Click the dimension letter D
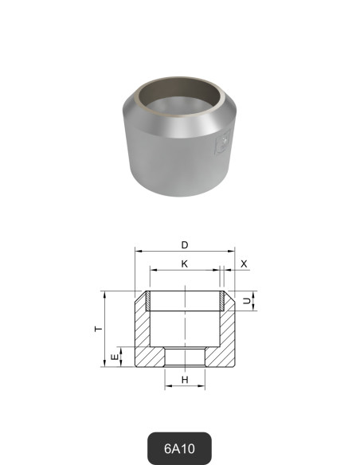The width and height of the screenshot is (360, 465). coord(185,244)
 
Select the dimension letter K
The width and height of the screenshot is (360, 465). coord(185,263)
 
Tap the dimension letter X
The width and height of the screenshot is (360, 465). coord(244,263)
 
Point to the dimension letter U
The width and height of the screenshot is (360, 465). coord(246,301)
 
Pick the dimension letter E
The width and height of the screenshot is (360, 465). coord(113,358)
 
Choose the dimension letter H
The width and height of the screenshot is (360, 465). coord(185,380)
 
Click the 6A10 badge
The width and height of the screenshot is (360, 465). coord(180,448)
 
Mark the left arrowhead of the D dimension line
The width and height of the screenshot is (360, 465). coord(138,252)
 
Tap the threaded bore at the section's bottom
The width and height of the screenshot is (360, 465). coord(185,358)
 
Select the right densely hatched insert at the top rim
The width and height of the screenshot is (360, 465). coord(221,301)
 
